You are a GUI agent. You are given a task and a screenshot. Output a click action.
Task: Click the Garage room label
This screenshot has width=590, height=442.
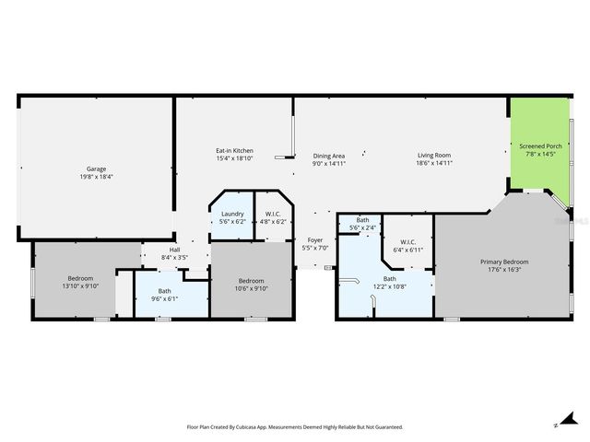(96, 169)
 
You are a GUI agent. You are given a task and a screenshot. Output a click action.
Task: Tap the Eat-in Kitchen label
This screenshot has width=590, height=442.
(234, 151)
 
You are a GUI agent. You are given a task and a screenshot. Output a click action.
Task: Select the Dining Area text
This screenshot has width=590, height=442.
(329, 156)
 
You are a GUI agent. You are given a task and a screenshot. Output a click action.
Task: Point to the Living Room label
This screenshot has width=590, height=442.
(433, 156)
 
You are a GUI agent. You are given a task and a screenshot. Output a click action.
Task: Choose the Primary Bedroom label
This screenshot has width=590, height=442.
(504, 262)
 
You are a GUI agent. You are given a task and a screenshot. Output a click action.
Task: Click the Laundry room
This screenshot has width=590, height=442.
(231, 215)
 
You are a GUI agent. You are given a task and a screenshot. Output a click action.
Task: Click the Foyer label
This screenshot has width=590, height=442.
(315, 240)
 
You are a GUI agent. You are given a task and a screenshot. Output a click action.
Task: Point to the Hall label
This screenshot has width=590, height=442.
(174, 250)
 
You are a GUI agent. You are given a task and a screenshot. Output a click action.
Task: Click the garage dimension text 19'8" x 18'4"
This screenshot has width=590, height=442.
(96, 177)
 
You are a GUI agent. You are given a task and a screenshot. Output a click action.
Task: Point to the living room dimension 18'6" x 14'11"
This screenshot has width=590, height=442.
(433, 164)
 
